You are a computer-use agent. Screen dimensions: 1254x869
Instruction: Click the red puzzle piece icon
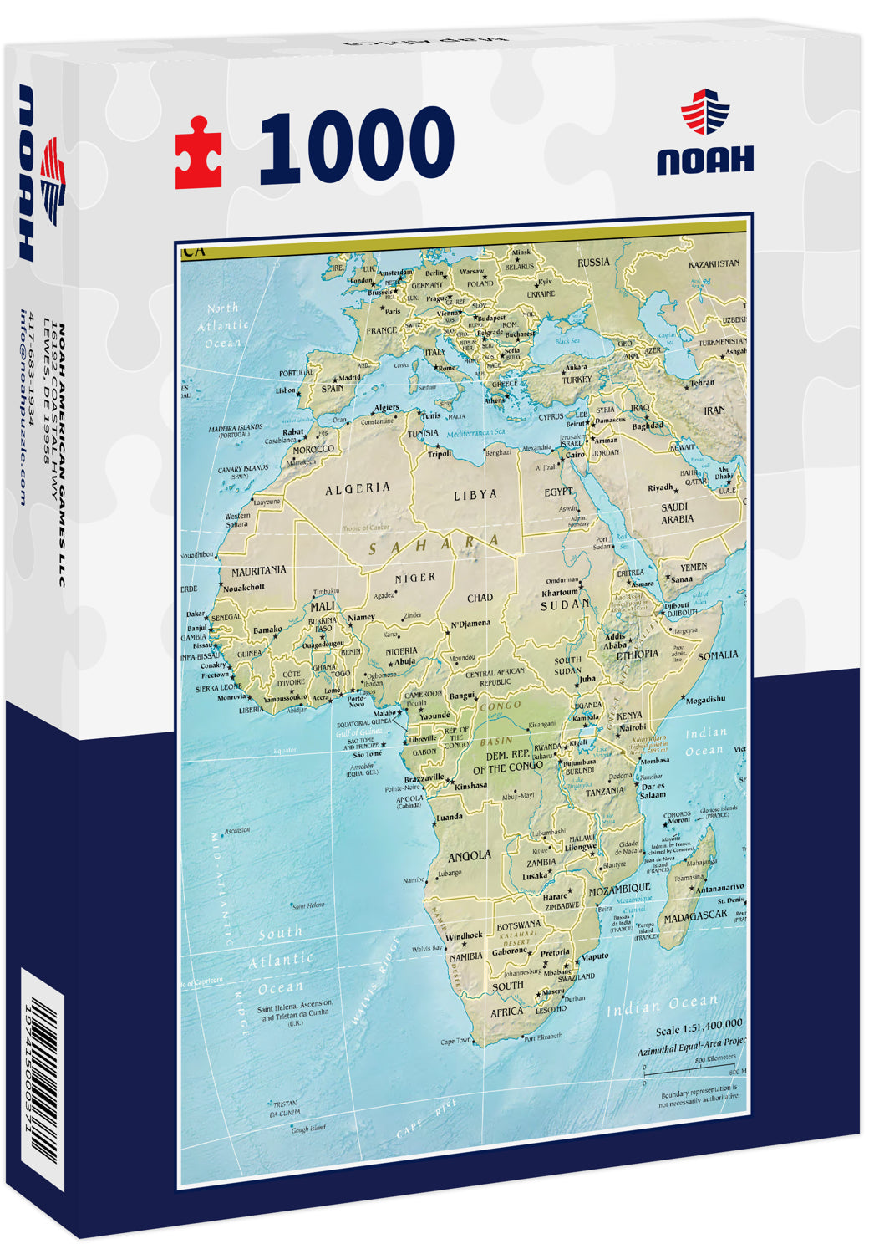[198, 152]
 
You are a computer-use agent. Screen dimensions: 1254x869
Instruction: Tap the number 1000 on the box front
[357, 147]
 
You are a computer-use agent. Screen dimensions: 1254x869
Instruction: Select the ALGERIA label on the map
[358, 488]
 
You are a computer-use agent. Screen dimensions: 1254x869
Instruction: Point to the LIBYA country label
[475, 495]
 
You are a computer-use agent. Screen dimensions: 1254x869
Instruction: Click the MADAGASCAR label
[695, 916]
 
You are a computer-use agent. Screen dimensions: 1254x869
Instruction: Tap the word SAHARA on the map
[435, 545]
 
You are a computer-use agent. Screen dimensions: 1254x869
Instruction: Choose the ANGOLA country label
[470, 856]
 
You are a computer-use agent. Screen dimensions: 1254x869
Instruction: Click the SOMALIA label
[718, 655]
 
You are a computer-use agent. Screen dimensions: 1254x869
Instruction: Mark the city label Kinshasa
[470, 786]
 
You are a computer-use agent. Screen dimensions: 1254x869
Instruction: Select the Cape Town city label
[456, 1041]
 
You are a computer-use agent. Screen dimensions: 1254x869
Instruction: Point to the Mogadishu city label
[705, 699]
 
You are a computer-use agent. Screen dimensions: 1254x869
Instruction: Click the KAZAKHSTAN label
[713, 263]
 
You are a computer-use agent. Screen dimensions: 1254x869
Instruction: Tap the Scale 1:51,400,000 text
[699, 1024]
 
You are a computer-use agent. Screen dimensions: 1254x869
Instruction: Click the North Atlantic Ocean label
[222, 325]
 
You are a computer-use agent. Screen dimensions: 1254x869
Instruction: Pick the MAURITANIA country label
[258, 570]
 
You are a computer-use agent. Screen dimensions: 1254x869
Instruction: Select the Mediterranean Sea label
[476, 433]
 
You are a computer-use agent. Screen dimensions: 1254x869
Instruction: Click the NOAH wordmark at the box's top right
[704, 159]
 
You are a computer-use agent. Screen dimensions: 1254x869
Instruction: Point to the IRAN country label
[714, 410]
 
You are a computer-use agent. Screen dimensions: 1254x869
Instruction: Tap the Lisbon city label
[285, 390]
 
